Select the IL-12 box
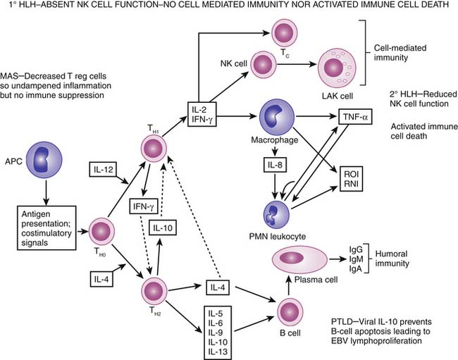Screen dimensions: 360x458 tap(104, 170)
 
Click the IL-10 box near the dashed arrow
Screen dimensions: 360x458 tap(163, 228)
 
